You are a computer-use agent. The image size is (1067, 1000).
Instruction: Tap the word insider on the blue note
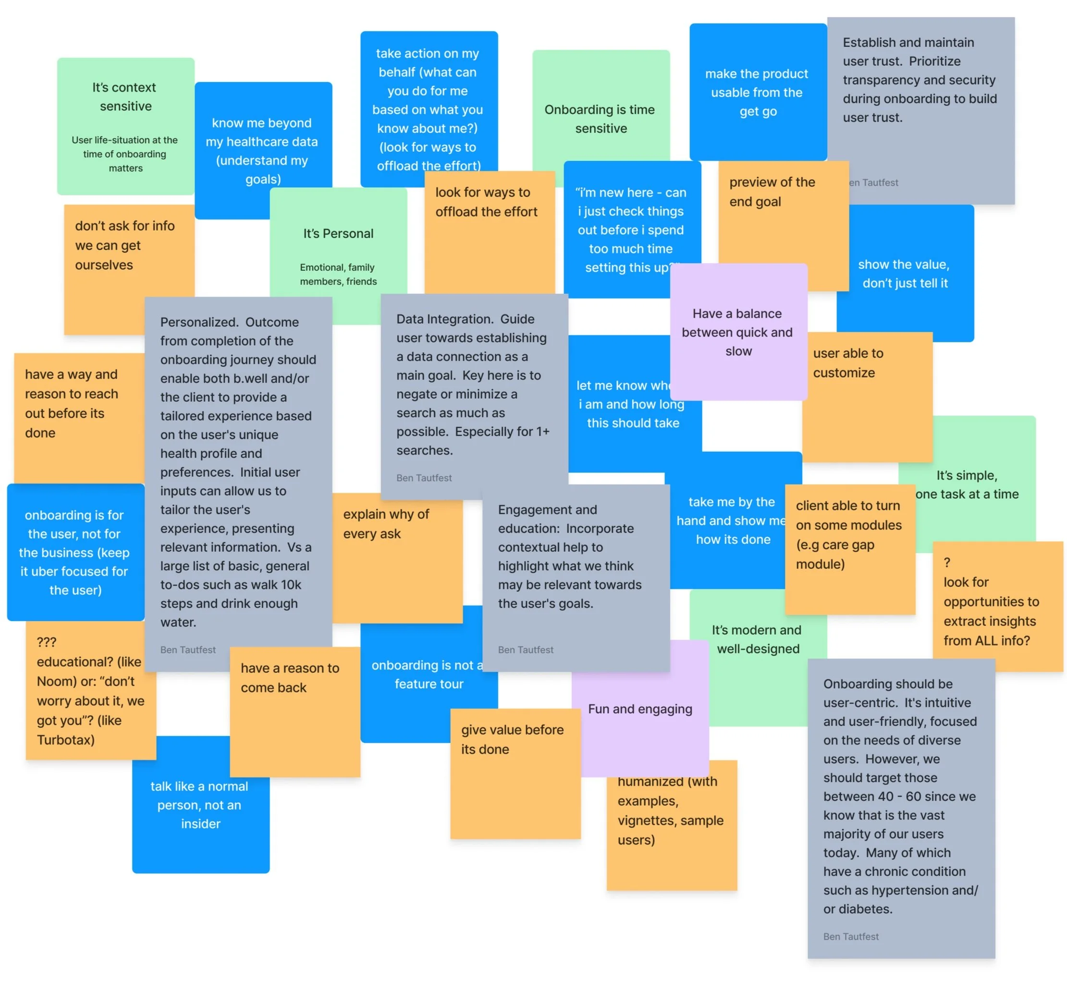[200, 823]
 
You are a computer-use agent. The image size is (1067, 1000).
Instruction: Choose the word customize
[844, 373]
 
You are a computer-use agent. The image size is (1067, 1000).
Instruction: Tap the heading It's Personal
[338, 233]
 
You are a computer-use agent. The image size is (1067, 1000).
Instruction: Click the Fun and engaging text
[640, 709]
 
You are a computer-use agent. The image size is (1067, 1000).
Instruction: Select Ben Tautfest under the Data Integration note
[424, 478]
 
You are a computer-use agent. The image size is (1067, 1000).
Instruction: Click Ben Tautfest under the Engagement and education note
[526, 650]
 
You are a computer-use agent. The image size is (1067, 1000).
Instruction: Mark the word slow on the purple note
[738, 351]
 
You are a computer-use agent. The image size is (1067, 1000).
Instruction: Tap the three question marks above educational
[46, 642]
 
